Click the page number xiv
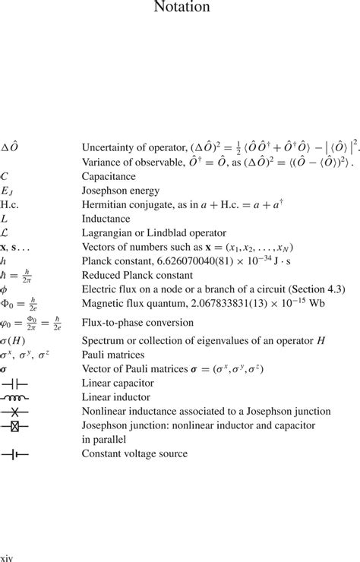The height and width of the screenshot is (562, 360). point(7,556)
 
